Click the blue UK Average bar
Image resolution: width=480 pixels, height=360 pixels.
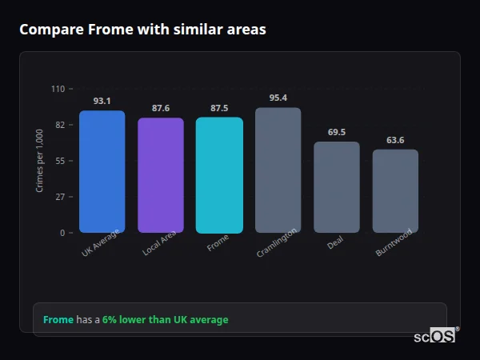point(102,172)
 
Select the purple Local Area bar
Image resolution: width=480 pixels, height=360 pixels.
point(161,176)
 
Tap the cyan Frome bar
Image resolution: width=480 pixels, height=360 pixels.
point(219,176)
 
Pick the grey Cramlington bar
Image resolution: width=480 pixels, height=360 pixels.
point(278,170)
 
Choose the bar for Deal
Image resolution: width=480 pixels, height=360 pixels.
point(337,187)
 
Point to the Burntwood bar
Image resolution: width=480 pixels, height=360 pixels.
point(395,191)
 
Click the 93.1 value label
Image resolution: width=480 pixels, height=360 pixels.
point(102,101)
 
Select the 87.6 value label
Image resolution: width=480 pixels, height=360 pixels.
point(161,108)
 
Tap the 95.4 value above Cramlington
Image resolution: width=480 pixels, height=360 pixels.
point(278,98)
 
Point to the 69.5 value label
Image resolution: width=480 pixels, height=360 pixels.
point(337,132)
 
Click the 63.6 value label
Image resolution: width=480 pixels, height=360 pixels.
point(395,140)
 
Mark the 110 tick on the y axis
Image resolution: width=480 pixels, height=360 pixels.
point(58,89)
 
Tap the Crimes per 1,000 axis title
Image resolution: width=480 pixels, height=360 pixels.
point(40,162)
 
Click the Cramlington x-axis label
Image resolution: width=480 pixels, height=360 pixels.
point(277,242)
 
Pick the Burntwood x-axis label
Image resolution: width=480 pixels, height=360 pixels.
point(394,242)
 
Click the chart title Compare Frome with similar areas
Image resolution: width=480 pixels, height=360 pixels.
point(142,30)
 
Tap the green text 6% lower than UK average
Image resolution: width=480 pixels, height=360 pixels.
point(165,320)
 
